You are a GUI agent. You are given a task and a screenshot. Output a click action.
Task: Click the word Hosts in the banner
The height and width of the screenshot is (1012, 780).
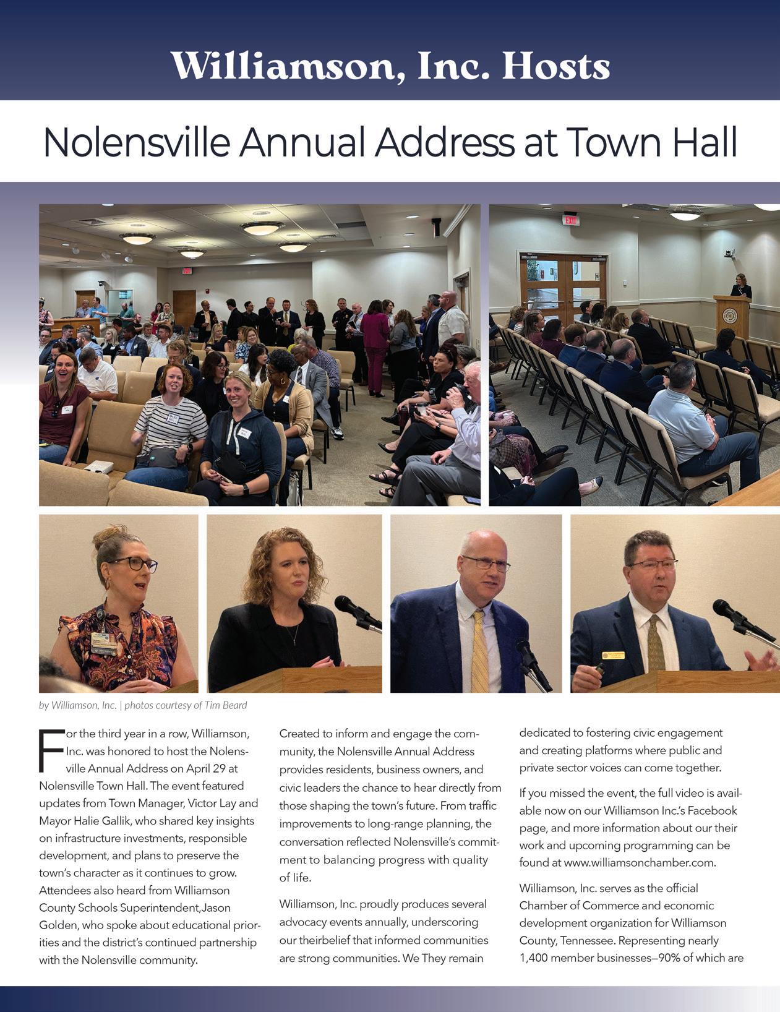tap(555, 66)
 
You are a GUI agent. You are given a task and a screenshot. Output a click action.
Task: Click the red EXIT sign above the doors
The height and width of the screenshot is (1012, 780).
tap(571, 220)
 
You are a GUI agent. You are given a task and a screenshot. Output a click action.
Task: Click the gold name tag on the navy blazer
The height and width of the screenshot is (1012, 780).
tap(614, 655)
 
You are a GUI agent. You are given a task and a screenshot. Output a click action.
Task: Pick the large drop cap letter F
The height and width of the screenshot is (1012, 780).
tap(51, 751)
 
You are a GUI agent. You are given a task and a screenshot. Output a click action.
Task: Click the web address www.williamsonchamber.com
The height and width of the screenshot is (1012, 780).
tap(640, 862)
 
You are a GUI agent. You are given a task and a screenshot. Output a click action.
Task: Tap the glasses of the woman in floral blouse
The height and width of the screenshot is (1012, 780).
tap(133, 564)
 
